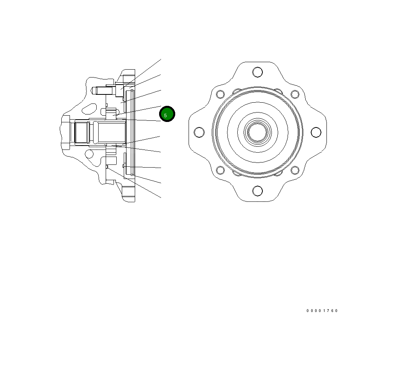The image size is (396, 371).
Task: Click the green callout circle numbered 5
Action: point(167,114)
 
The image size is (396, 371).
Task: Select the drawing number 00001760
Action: point(322,311)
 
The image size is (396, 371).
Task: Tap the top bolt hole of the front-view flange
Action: point(257,72)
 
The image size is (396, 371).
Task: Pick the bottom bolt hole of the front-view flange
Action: point(257,191)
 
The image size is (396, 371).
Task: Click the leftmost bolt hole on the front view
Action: point(199,132)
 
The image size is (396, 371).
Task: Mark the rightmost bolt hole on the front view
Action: point(316,132)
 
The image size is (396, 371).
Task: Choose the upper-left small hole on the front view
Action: point(220,94)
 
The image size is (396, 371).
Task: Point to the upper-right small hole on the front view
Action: point(295,94)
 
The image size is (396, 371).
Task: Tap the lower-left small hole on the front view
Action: point(220,170)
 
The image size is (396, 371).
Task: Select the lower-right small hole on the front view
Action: point(295,170)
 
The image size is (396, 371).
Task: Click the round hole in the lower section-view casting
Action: point(90,153)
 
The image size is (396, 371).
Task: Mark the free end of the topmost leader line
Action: point(161,59)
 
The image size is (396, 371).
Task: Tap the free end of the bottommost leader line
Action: point(161,197)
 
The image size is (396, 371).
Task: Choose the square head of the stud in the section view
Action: point(119,90)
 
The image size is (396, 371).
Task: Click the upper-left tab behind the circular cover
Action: point(237,92)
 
